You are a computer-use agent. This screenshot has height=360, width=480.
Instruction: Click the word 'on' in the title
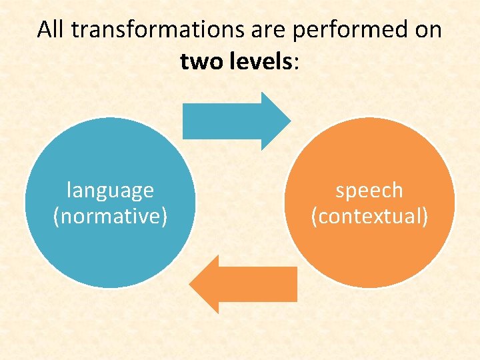[x=427, y=30]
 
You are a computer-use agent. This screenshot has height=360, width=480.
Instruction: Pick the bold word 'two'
[x=200, y=63]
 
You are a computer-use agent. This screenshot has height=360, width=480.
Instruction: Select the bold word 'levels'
[x=258, y=63]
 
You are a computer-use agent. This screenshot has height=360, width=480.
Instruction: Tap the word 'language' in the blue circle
[x=110, y=191]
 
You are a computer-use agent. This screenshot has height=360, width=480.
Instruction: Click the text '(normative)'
[x=110, y=217]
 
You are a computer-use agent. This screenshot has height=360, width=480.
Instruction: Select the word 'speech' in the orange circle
[x=369, y=191]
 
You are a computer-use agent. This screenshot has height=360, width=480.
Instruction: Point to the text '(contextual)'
[x=369, y=217]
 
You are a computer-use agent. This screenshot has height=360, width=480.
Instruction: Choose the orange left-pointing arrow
[x=247, y=284]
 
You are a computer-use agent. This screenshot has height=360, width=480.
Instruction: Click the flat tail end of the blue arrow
[x=185, y=121]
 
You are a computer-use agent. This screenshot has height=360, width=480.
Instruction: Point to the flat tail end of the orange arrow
[x=295, y=284]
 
